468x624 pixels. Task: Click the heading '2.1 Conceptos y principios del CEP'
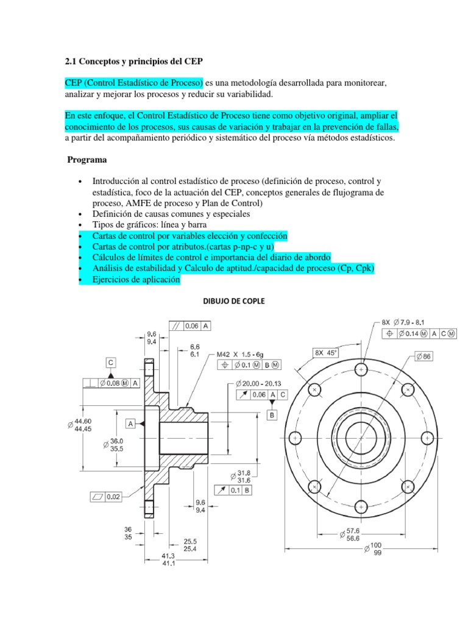(134, 62)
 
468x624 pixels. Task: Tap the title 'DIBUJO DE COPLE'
(233, 301)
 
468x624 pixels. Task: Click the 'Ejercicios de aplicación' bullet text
(136, 279)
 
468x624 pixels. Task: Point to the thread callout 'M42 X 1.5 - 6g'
(243, 353)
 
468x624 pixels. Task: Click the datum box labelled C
(111, 362)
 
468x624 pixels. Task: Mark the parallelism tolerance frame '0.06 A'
(191, 326)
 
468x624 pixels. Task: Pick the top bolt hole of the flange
(361, 369)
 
